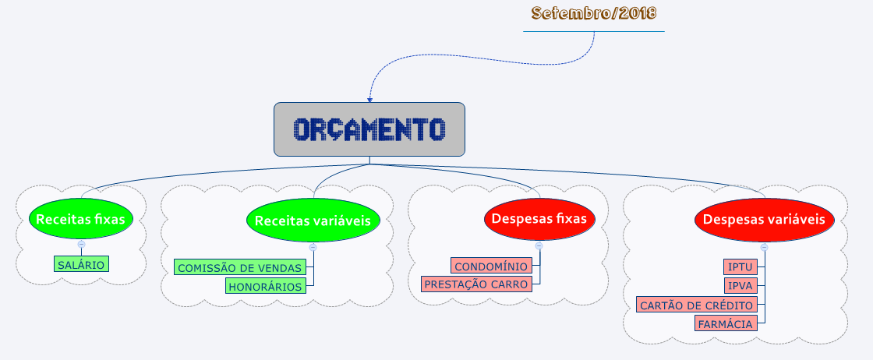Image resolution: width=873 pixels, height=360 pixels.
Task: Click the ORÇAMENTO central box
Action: click(369, 129)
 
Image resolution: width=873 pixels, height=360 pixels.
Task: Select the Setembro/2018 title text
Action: click(594, 12)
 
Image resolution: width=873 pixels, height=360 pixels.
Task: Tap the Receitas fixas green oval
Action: click(81, 219)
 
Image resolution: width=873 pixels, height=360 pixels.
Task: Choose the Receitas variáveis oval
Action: click(313, 221)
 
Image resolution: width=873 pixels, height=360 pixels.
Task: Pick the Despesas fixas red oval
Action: click(539, 219)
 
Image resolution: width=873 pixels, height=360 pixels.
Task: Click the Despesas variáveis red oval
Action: click(764, 219)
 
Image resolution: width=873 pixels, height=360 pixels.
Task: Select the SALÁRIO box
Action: click(81, 264)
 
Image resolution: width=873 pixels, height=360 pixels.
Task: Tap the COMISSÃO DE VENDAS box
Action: click(240, 267)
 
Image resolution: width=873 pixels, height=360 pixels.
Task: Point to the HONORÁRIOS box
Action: click(266, 286)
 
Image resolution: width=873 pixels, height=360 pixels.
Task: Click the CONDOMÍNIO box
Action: click(491, 266)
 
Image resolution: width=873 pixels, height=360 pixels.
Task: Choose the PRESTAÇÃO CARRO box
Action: click(476, 284)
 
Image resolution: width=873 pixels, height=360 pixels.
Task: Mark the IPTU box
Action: click(740, 267)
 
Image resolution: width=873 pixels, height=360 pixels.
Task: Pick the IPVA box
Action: click(740, 286)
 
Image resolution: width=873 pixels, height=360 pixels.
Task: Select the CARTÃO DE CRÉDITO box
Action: click(697, 305)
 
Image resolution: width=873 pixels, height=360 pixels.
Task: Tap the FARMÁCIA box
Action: click(726, 323)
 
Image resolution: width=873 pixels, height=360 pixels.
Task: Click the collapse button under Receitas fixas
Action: click(81, 244)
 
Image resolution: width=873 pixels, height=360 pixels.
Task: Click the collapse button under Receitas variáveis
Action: click(313, 247)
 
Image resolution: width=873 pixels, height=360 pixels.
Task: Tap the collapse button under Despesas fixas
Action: click(539, 245)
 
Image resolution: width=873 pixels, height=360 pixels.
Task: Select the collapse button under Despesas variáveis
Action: click(765, 247)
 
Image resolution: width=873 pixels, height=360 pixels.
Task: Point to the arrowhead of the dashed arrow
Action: click(369, 101)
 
